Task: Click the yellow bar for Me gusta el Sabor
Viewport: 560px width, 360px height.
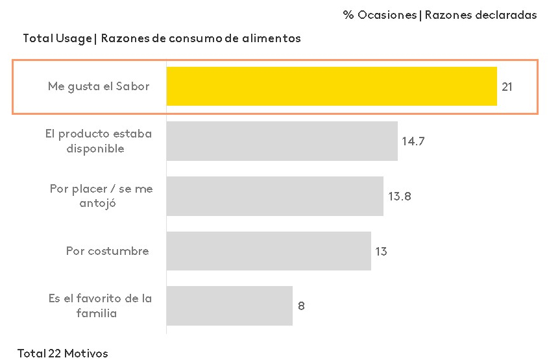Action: point(332,86)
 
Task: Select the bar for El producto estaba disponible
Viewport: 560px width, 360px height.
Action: point(282,141)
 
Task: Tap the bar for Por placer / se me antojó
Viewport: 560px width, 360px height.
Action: point(274,196)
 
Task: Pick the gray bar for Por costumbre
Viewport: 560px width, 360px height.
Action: point(269,251)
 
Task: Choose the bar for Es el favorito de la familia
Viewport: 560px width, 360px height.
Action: point(229,306)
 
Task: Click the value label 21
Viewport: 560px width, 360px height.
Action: point(507,86)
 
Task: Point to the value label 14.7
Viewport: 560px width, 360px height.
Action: point(413,141)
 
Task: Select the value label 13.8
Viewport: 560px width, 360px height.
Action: point(400,196)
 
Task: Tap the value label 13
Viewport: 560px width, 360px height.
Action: point(381,251)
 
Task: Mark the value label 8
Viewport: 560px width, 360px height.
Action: point(301,306)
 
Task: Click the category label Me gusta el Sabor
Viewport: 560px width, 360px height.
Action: point(98,86)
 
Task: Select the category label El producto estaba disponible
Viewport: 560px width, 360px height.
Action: point(98,141)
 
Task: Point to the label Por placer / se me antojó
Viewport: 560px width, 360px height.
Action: point(101,196)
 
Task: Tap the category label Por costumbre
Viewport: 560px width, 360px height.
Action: point(107,251)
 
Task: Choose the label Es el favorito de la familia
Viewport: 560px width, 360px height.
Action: point(100,306)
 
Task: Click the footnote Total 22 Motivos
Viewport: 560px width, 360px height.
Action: point(62,354)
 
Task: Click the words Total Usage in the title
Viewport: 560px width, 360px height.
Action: point(57,38)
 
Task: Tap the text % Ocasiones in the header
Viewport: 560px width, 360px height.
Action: point(379,15)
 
